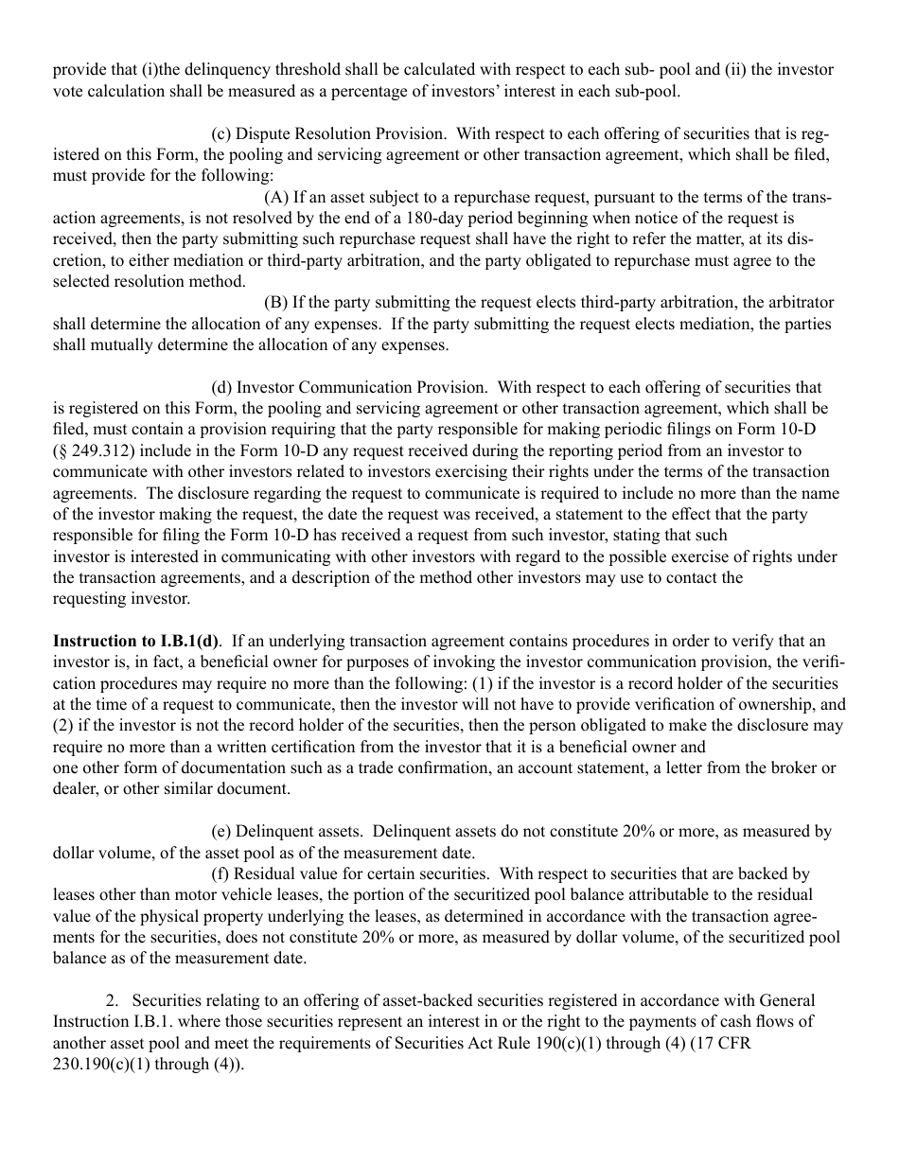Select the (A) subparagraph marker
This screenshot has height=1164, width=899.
275,197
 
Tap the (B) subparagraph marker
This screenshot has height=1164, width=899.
275,303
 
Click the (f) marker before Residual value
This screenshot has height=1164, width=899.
220,873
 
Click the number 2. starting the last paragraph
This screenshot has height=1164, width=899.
112,1000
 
